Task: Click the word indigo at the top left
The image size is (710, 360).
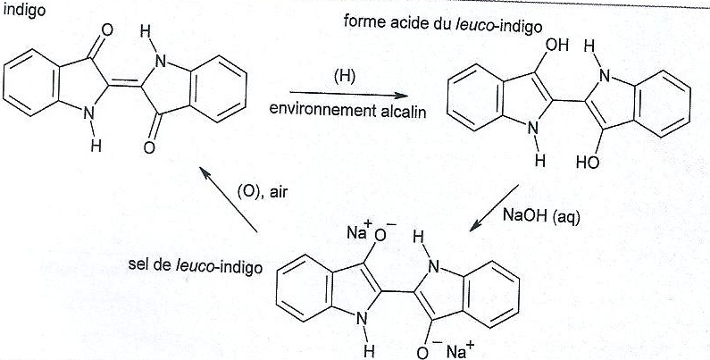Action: (24, 10)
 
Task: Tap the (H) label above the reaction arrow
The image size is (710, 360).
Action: (345, 77)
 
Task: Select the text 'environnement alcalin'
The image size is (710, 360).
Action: (347, 110)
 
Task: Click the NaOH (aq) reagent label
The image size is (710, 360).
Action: (541, 216)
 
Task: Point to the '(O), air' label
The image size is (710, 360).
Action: (263, 192)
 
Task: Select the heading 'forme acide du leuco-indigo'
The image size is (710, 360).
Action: (443, 25)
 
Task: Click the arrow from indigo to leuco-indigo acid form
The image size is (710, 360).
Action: (348, 94)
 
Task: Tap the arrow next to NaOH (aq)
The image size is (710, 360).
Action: (494, 208)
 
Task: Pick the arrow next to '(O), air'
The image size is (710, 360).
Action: (229, 199)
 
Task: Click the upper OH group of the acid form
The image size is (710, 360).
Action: (557, 46)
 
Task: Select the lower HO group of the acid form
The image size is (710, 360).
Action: (589, 162)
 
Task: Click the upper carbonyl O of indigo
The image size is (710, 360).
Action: (107, 30)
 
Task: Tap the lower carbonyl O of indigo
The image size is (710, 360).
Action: (149, 147)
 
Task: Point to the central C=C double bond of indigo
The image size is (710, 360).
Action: (124, 84)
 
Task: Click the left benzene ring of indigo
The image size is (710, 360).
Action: (31, 83)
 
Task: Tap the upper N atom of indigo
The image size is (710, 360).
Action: (160, 61)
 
